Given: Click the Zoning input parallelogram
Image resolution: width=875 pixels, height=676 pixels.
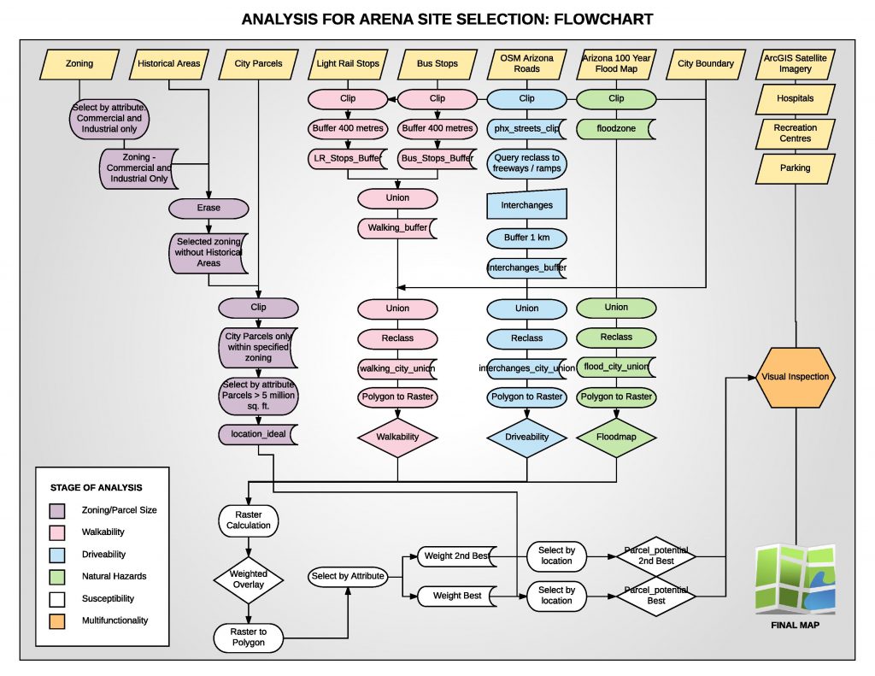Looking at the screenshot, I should click(79, 64).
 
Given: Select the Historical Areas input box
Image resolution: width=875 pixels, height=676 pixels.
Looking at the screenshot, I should click(169, 64).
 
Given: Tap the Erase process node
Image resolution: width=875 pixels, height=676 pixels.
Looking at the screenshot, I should click(208, 208).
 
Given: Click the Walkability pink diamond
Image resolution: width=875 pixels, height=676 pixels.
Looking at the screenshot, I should click(397, 437).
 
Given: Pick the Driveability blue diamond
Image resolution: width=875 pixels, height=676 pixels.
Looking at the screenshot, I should click(527, 437).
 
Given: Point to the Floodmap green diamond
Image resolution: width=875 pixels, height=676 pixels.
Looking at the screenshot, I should click(616, 437).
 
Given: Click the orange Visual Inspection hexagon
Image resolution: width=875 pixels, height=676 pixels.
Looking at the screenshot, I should click(795, 376).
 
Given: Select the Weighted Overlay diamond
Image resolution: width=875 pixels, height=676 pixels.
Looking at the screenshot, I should click(248, 579).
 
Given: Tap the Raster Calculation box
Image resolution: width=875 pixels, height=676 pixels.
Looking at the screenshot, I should click(248, 520).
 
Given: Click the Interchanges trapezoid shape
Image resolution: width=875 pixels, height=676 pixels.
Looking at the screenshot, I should click(527, 205).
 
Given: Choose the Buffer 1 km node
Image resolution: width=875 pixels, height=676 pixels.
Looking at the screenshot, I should click(527, 237).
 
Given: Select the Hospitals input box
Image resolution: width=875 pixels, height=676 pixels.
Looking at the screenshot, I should click(795, 98).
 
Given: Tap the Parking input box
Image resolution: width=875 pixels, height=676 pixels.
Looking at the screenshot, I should click(795, 168).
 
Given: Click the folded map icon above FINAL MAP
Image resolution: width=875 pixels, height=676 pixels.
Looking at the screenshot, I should click(796, 579).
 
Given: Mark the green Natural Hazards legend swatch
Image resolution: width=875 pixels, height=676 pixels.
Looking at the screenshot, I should click(58, 576).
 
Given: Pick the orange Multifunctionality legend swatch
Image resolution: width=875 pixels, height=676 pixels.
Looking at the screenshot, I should click(58, 620).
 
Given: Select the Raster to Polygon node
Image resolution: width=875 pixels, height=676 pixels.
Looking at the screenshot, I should click(248, 636).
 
